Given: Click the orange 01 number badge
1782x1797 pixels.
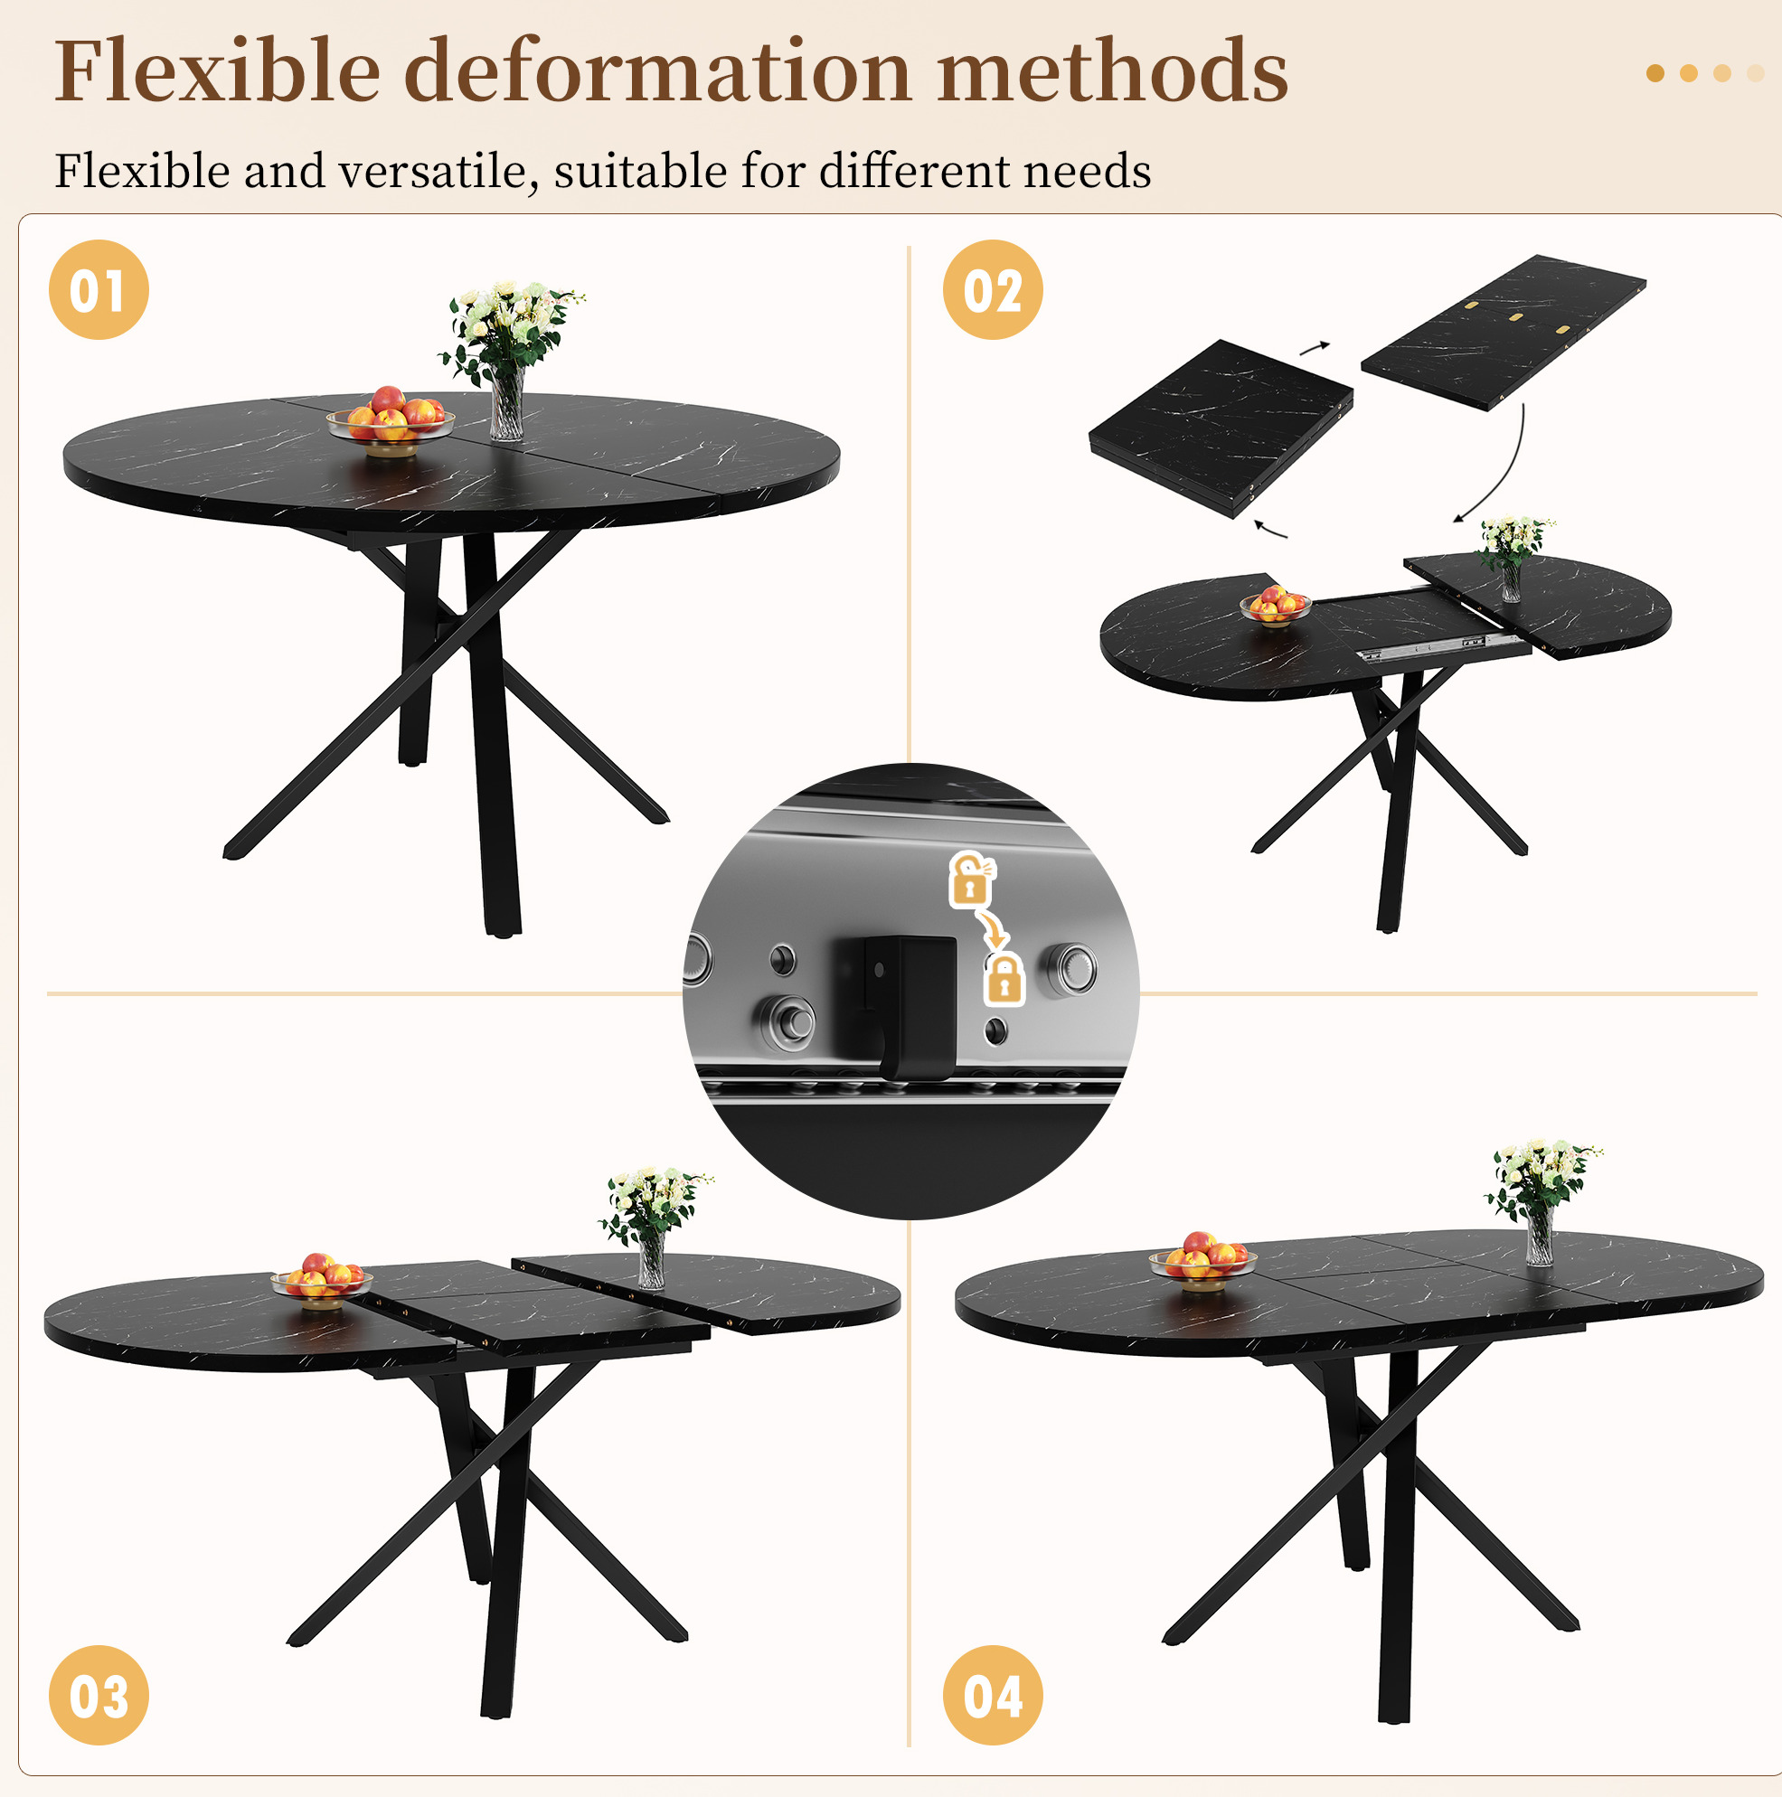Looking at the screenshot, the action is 99,289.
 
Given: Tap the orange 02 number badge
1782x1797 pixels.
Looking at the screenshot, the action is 993,289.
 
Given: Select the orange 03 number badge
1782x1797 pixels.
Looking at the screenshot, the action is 99,1695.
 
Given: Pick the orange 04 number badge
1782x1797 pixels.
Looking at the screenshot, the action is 993,1695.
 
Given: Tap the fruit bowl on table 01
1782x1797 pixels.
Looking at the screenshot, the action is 391,421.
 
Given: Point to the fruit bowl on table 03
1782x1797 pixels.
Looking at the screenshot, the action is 321,1280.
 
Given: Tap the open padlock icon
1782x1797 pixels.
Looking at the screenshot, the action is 971,879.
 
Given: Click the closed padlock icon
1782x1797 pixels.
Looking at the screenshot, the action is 1004,977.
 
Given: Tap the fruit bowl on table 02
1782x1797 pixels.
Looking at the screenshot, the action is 1276,606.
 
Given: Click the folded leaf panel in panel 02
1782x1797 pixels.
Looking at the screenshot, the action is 1221,427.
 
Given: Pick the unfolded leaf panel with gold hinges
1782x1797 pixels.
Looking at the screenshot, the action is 1504,331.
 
